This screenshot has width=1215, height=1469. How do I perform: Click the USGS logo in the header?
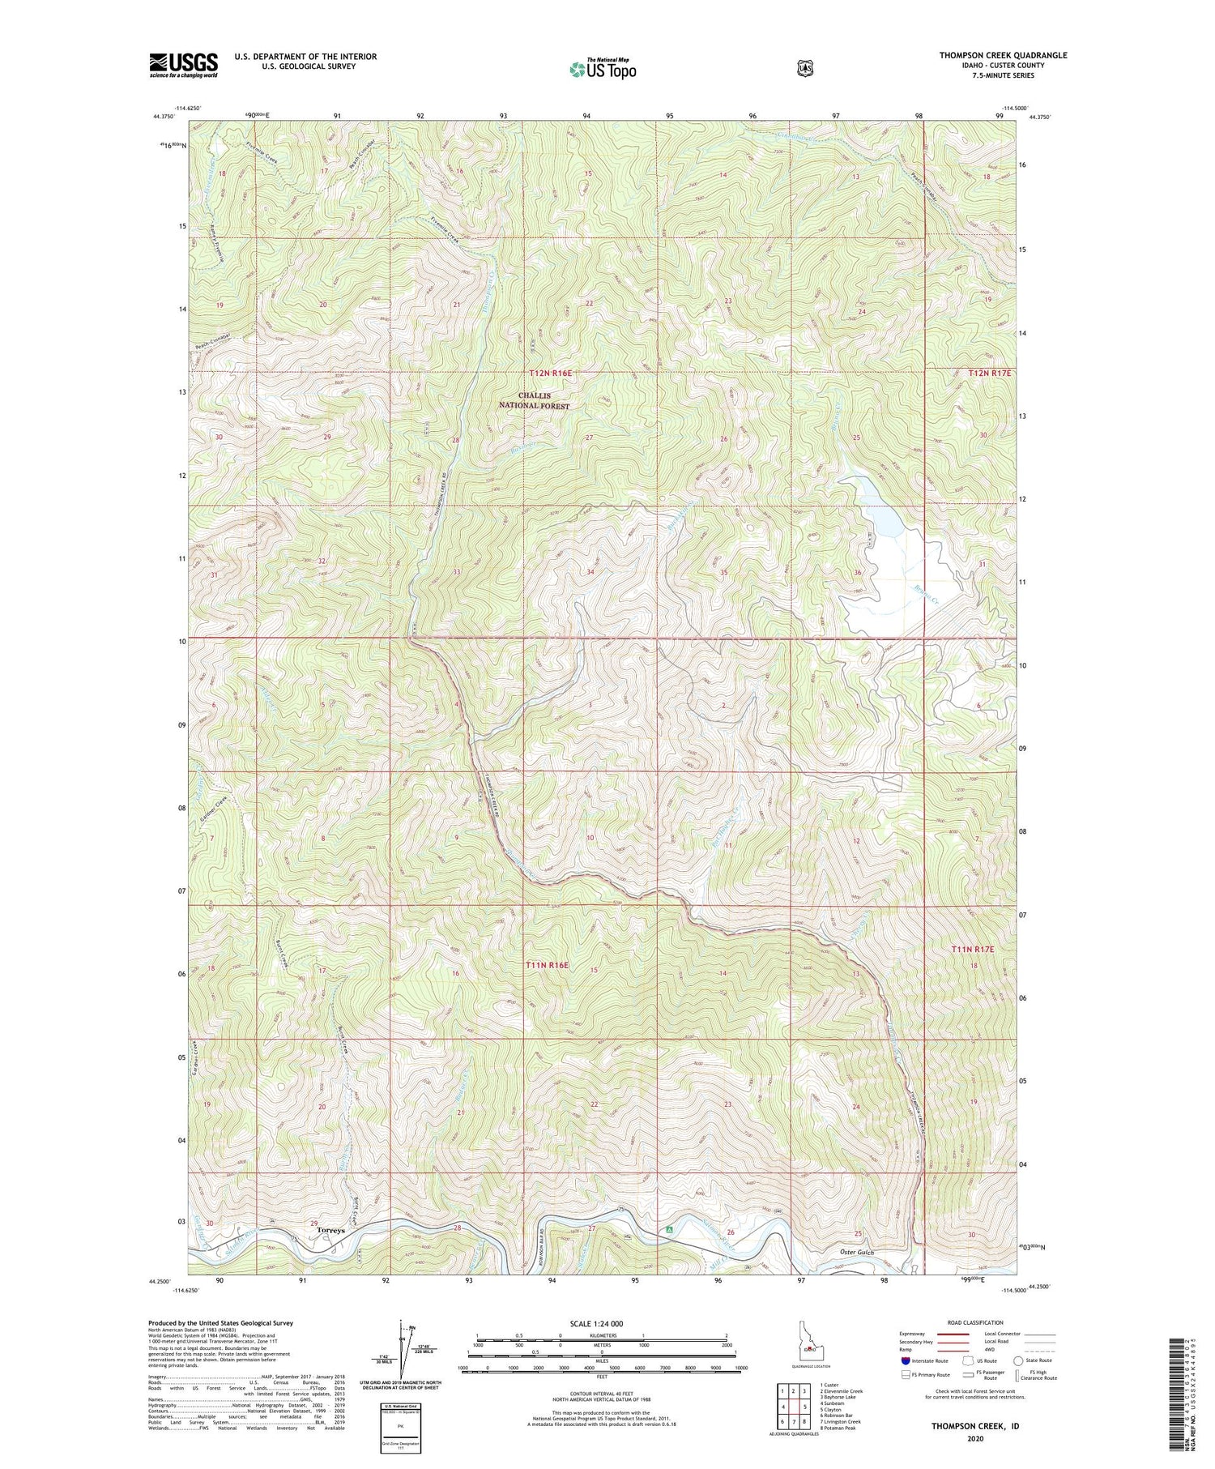[183, 65]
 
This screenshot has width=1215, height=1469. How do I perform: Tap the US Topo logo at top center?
[603, 69]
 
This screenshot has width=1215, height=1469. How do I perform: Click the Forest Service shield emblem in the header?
[804, 69]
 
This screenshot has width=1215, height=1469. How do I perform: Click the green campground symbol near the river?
[669, 1229]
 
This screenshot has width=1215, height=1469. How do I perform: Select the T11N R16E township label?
[548, 965]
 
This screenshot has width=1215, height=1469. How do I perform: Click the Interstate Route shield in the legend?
[906, 1360]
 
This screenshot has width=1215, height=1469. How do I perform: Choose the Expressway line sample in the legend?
[951, 1333]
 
